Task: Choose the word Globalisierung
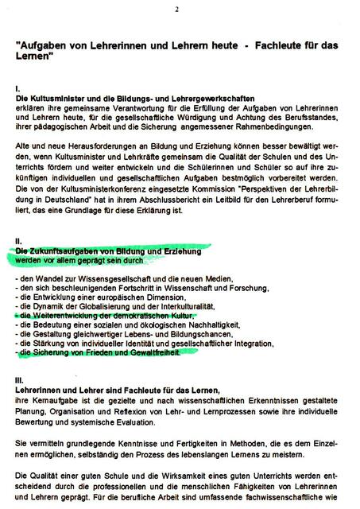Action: click(x=115, y=305)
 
